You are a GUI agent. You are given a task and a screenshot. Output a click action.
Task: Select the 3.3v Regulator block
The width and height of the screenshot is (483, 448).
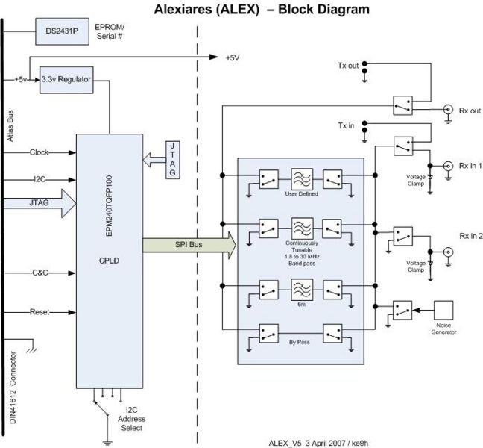[66, 79]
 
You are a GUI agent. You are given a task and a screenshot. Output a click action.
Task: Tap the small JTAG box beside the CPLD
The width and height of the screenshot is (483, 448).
[173, 158]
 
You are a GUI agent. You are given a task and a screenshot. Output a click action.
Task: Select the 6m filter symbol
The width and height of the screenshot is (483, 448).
[300, 290]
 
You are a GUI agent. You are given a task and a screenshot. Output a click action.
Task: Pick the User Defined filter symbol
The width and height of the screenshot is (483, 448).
[300, 178]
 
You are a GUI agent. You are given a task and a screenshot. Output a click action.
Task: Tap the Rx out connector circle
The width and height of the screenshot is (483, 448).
[448, 110]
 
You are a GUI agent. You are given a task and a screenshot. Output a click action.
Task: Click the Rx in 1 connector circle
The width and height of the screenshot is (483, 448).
[448, 166]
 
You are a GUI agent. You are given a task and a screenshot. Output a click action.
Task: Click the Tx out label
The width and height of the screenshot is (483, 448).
[347, 66]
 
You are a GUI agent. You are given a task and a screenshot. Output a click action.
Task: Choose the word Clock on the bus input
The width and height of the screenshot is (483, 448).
[40, 152]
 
